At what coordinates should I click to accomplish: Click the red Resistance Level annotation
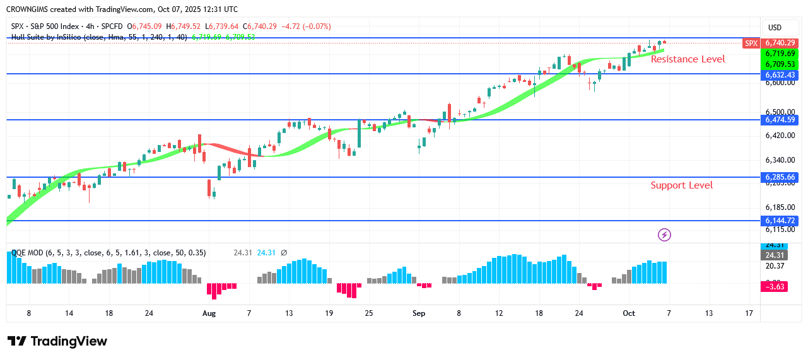click(688, 59)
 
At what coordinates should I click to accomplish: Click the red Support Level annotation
click(681, 185)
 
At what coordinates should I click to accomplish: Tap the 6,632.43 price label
click(780, 74)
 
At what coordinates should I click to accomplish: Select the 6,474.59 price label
click(780, 120)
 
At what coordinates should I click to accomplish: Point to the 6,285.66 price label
click(780, 177)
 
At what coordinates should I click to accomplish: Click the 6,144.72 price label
click(780, 221)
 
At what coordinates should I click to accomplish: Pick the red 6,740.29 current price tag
click(780, 43)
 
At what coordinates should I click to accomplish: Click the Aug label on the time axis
click(209, 313)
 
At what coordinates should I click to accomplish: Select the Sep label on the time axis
click(419, 313)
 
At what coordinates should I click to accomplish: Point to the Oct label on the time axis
click(628, 313)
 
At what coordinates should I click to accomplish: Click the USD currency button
click(774, 28)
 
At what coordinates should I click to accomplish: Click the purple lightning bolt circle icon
click(664, 235)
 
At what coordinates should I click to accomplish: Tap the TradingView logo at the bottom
click(57, 341)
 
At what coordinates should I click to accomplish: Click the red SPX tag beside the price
click(751, 43)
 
